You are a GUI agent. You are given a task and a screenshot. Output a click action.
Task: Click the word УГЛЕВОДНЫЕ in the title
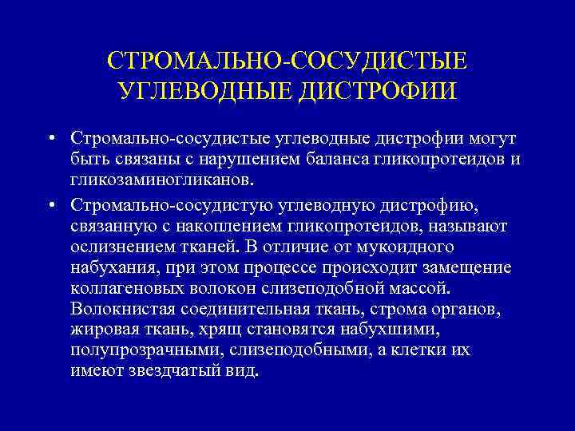[204, 90]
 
